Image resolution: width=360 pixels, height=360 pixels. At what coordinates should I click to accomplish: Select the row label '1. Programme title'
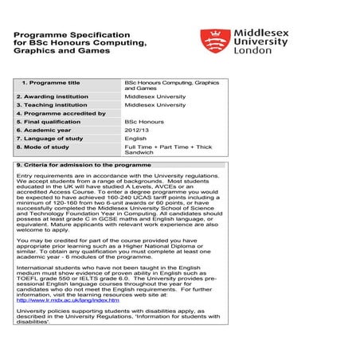[50, 83]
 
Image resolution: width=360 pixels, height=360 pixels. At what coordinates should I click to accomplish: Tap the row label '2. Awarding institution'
[57, 96]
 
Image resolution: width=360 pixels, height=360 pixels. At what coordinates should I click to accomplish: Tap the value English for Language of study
[135, 139]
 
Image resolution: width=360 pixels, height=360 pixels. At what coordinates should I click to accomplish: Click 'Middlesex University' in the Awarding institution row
[155, 96]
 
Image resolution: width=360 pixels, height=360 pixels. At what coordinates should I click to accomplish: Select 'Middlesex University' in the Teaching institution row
[155, 105]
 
